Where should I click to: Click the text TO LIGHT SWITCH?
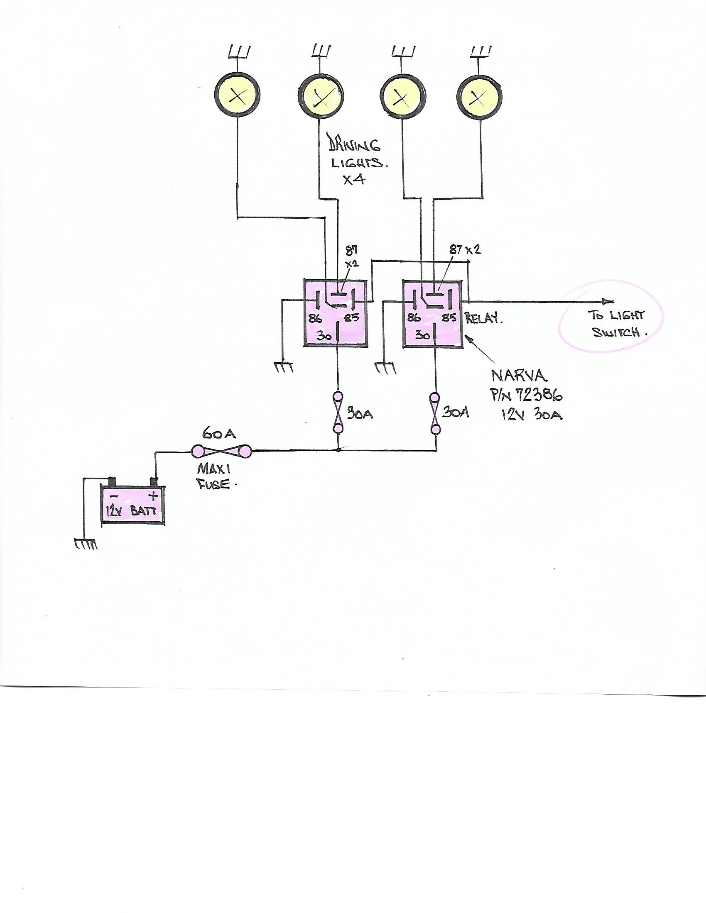(617, 324)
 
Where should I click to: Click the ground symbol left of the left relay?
(284, 367)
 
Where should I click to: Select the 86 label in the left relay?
(315, 319)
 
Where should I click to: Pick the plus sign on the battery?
(153, 497)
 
